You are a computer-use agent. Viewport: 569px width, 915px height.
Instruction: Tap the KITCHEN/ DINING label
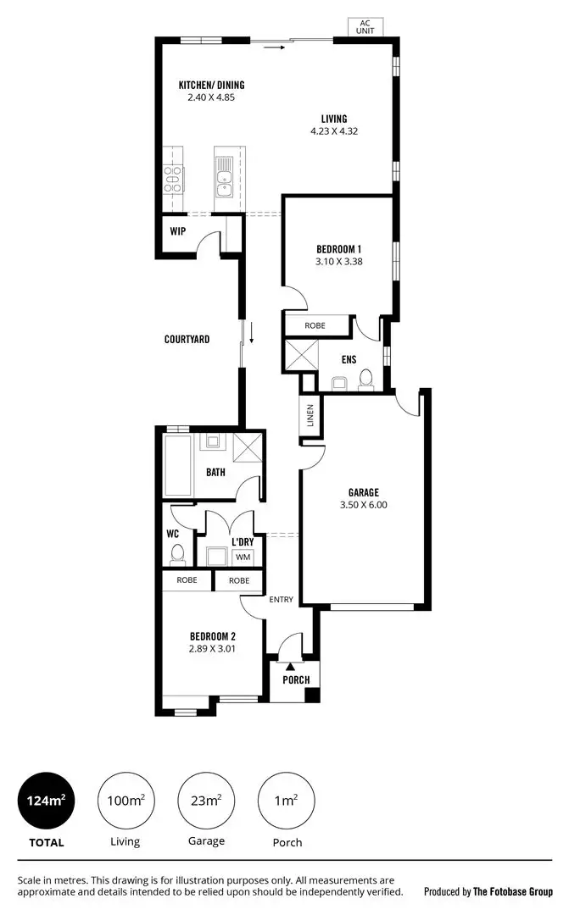[x=210, y=85]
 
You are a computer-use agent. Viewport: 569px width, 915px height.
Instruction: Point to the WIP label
[x=177, y=230]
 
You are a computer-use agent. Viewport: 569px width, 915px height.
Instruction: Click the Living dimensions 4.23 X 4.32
[x=333, y=131]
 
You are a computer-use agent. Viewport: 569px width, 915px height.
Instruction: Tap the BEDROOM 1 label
[x=338, y=248]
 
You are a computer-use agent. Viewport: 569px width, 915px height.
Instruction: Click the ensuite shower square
[x=300, y=354]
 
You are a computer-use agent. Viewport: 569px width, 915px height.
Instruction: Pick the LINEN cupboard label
[x=310, y=416]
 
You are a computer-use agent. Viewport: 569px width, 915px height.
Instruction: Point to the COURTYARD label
[x=187, y=339]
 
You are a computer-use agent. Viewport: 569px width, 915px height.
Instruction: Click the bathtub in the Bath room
[x=178, y=466]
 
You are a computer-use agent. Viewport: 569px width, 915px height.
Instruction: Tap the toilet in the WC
[x=177, y=553]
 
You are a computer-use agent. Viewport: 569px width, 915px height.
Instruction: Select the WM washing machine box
[x=243, y=557]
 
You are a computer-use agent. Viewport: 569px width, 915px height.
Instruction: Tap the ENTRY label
[x=281, y=599]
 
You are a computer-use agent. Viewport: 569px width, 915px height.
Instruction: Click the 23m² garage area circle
[x=206, y=801]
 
